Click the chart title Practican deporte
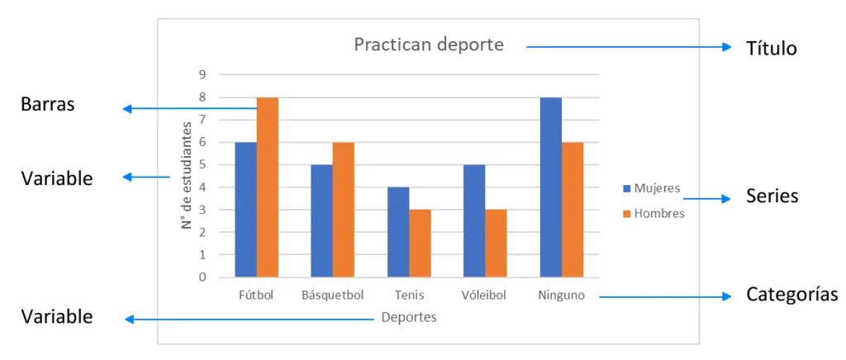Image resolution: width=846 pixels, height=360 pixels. (x=428, y=45)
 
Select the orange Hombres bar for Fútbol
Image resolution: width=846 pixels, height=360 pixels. (x=267, y=187)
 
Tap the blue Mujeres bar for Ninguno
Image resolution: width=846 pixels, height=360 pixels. (x=550, y=187)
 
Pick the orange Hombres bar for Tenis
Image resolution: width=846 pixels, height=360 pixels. (x=420, y=243)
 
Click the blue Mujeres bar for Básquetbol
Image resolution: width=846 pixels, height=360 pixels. (x=321, y=220)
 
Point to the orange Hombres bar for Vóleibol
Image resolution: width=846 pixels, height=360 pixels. (x=496, y=243)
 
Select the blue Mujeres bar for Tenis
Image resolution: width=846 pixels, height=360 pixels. (x=398, y=232)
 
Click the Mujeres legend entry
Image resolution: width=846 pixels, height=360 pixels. (x=652, y=188)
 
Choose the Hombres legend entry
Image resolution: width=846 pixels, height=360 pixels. (x=654, y=213)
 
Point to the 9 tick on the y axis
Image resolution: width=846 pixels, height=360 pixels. (x=202, y=74)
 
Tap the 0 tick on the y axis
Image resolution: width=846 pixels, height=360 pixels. (x=202, y=277)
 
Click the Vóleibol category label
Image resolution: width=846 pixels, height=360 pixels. (x=485, y=295)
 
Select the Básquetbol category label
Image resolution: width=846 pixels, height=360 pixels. (x=332, y=295)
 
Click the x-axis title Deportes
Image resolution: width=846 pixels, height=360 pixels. (x=409, y=317)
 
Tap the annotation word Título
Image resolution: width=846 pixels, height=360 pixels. (x=771, y=49)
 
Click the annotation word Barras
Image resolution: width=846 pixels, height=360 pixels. (x=47, y=105)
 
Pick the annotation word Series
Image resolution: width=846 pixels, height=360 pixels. (x=772, y=197)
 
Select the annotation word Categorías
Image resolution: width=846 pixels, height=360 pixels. (x=791, y=295)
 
